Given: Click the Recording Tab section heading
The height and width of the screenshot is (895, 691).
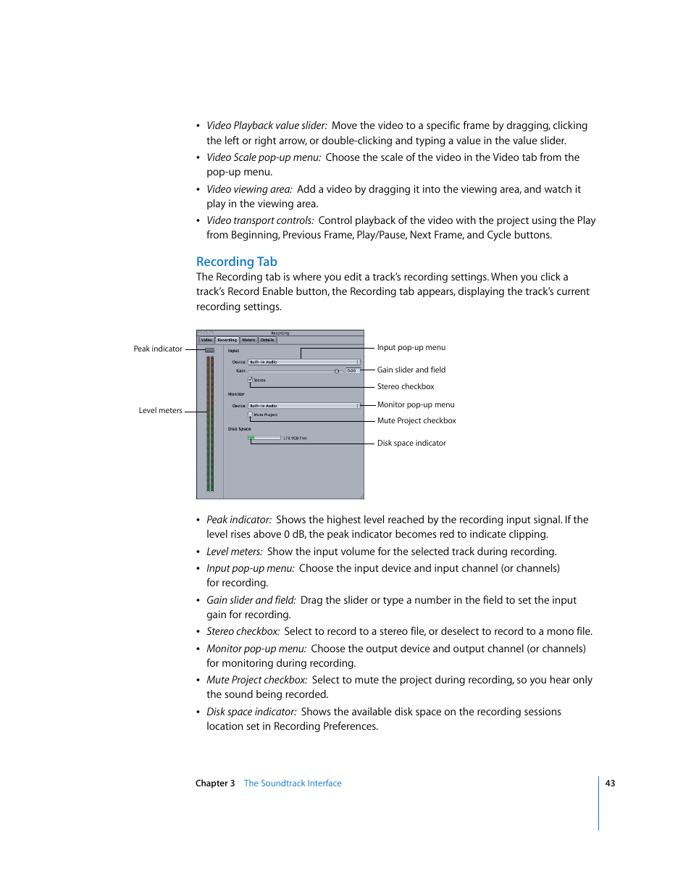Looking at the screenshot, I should (236, 262).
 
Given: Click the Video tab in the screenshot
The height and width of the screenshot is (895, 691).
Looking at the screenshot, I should (206, 340).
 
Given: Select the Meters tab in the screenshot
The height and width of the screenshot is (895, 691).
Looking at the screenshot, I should (248, 340).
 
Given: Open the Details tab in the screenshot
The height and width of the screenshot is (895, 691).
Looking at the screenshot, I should (267, 340).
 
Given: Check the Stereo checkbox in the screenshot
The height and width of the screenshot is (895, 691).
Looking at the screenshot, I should (250, 379).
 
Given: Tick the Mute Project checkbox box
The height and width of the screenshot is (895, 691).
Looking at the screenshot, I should (250, 415).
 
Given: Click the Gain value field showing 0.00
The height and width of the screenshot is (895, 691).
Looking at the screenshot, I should (351, 370).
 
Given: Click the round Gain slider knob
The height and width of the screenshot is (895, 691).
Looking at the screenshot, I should (337, 370).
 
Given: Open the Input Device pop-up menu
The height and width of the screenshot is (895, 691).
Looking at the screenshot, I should (303, 362).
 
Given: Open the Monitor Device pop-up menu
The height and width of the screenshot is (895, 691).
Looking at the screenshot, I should (303, 406).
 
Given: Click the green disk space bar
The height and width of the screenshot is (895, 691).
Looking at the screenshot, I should (252, 438).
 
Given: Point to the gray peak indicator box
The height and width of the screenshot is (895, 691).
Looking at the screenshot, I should (209, 350).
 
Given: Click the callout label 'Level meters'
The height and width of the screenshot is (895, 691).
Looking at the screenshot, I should (160, 410).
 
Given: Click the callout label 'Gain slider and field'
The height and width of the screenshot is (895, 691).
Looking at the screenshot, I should (411, 370).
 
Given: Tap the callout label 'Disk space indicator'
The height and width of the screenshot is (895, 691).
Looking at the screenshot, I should (411, 443).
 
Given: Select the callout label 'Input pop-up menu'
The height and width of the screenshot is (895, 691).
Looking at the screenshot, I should (411, 347).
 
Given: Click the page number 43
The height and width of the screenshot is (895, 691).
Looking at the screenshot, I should (610, 783).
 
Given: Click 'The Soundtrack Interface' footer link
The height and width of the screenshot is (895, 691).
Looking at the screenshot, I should (292, 783).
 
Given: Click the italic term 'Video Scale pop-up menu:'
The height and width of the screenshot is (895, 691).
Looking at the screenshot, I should (264, 157).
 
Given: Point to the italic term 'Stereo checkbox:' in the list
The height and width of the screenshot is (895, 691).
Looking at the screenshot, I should (243, 631).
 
